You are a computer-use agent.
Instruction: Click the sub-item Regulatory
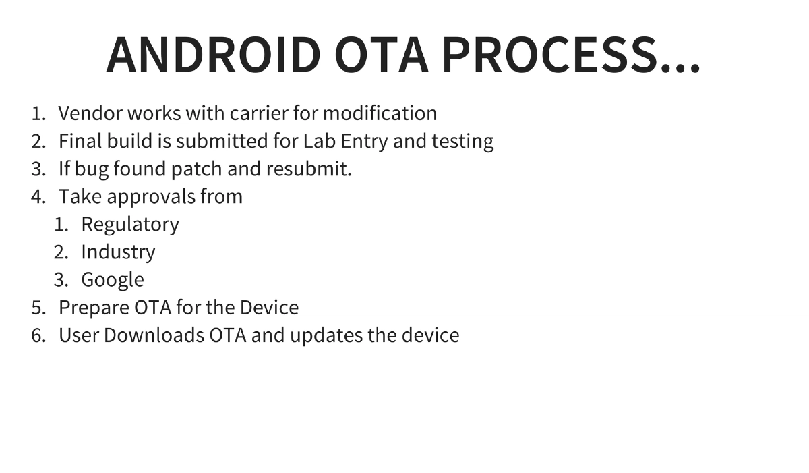pos(129,225)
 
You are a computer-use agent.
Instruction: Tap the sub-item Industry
pos(118,252)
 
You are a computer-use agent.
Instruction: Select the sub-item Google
pos(113,280)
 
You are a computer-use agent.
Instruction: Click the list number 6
pos(37,335)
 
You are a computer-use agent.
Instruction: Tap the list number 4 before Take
pos(37,197)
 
